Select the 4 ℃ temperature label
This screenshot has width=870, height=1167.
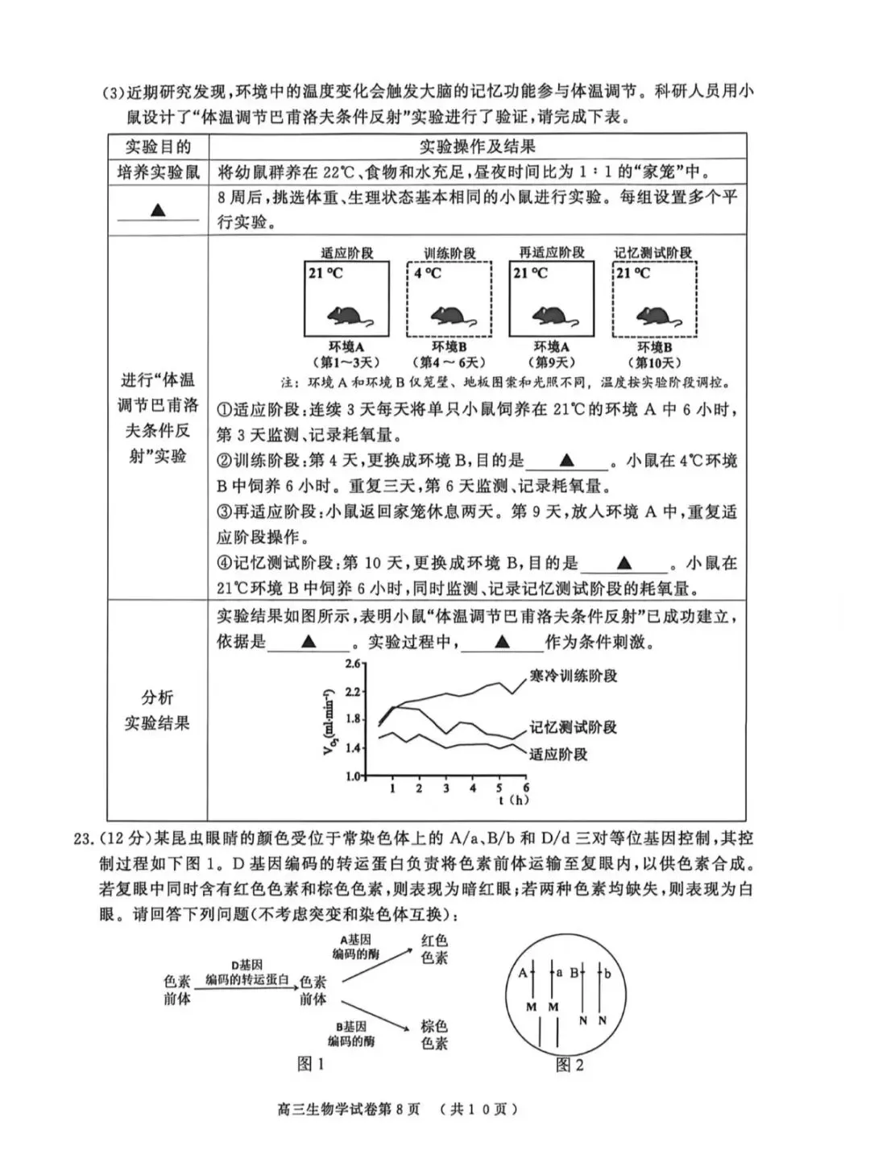pos(428,274)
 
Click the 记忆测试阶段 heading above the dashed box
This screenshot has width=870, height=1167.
pos(653,253)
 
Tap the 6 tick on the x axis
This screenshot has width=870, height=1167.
pos(526,788)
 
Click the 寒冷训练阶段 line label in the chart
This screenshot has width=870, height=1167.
pos(573,677)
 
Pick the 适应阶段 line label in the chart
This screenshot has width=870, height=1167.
pos(558,755)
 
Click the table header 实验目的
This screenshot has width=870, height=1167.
pos(158,147)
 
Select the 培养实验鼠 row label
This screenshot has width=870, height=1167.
pos(158,172)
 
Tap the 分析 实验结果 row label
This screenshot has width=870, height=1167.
pos(157,710)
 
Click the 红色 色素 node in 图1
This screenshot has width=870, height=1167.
pos(434,949)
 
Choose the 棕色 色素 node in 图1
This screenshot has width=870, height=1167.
pos(434,1035)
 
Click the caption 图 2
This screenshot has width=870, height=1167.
pos(570,1066)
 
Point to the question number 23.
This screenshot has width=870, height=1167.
pos(84,838)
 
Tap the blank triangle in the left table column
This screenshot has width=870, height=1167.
pos(158,209)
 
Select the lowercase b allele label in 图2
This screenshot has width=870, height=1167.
pos(608,974)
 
